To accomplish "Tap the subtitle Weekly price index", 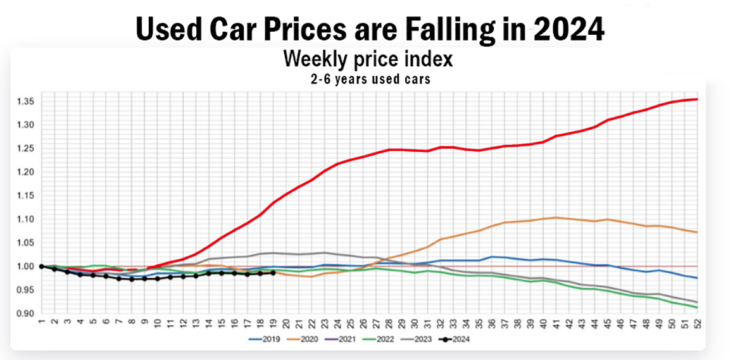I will [x=368, y=59].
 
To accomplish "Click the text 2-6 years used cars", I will [x=368, y=78].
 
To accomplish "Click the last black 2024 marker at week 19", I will [x=273, y=273].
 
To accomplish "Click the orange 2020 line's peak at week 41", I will [x=556, y=217].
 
